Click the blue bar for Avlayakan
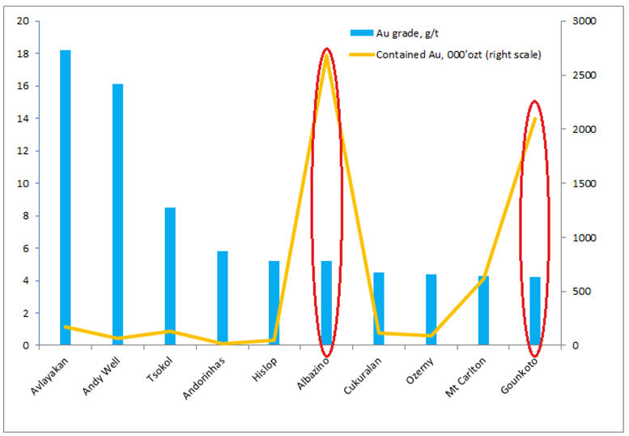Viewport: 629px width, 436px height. point(66,198)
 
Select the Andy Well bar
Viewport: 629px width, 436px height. point(117,215)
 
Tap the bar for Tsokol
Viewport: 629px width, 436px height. point(170,276)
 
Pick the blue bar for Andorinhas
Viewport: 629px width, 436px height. point(222,298)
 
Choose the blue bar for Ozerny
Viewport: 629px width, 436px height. point(431,310)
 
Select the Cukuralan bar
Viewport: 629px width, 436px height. point(379,309)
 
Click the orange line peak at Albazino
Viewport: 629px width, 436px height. point(326,54)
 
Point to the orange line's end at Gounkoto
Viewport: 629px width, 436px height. point(535,118)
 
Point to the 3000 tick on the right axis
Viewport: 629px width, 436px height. point(584,21)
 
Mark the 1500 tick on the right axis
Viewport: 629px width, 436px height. point(584,183)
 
